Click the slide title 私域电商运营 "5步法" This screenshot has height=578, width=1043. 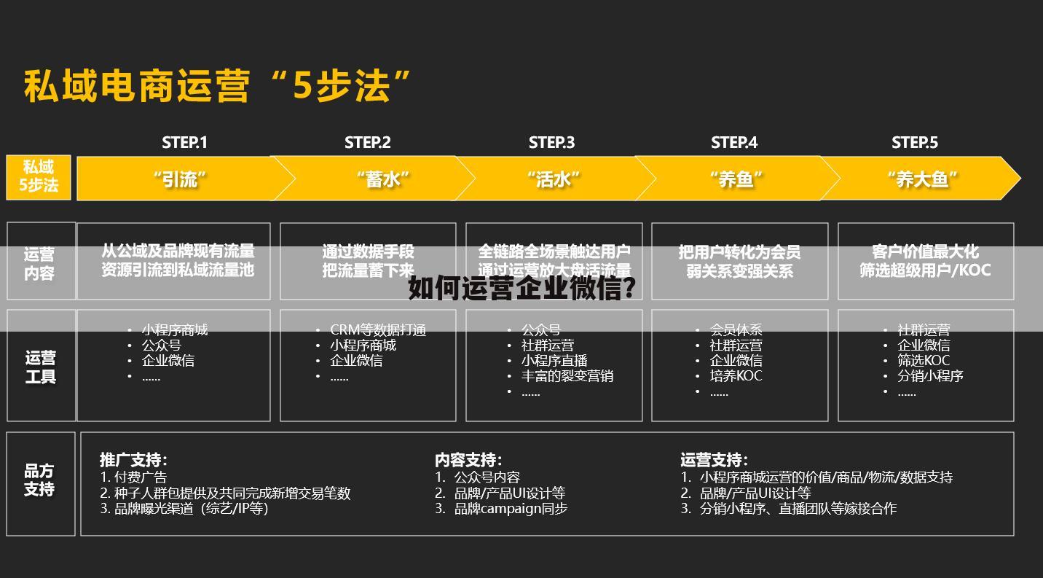217,87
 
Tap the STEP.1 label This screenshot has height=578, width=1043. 184,143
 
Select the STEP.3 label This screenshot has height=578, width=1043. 551,143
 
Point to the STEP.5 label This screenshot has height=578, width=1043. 915,143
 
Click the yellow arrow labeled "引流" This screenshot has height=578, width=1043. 180,179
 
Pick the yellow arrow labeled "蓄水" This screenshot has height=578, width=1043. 382,179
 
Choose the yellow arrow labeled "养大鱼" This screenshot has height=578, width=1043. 921,179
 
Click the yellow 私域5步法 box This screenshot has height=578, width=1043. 39,177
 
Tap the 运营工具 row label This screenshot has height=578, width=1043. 41,367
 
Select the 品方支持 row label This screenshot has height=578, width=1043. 39,480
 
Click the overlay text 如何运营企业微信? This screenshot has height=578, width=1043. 522,289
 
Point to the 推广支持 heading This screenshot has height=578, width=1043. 133,460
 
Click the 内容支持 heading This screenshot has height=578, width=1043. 468,460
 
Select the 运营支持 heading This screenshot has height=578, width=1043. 714,460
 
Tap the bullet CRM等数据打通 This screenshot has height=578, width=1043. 378,330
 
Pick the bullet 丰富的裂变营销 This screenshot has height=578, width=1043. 567,376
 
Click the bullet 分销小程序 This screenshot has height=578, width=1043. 930,376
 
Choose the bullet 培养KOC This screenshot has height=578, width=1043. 736,376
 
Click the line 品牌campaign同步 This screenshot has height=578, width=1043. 511,509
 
